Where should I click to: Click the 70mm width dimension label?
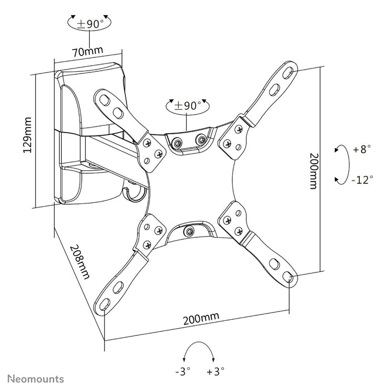[88, 51]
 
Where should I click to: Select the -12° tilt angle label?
[363, 179]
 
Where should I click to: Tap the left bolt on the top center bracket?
[177, 143]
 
